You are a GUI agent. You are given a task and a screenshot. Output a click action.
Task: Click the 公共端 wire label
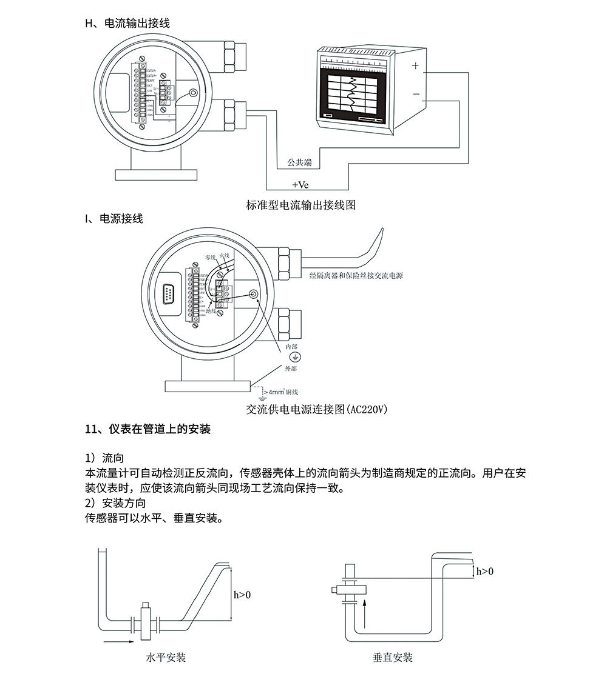coord(300,162)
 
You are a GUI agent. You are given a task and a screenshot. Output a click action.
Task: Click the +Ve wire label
coord(300,184)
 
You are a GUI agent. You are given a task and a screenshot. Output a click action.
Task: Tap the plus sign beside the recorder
coord(415,65)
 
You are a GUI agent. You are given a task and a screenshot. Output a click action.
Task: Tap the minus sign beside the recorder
coord(416,94)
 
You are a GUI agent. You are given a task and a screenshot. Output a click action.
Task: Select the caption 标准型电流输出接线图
coord(301,205)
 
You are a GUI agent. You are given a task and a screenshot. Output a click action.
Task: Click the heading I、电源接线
coord(114,219)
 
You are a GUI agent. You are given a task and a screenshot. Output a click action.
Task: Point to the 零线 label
coord(211,258)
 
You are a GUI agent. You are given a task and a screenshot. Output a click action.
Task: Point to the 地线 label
coord(212,311)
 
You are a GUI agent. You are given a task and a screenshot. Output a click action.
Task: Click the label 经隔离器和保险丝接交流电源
coord(356,276)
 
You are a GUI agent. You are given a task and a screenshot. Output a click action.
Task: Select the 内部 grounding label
coord(291,346)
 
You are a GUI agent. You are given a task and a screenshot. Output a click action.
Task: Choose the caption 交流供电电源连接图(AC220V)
coord(316,409)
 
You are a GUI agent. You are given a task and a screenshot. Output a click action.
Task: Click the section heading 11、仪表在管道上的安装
coord(148,430)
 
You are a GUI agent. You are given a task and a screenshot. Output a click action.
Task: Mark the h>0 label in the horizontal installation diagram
coord(242,595)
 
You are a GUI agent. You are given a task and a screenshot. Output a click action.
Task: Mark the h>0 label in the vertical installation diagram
coord(484,571)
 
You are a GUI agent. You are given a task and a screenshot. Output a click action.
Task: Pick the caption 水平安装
coord(166,657)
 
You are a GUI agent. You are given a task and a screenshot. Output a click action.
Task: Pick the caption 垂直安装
coord(393,657)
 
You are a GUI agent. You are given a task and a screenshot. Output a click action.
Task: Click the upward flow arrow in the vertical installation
coord(364,612)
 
